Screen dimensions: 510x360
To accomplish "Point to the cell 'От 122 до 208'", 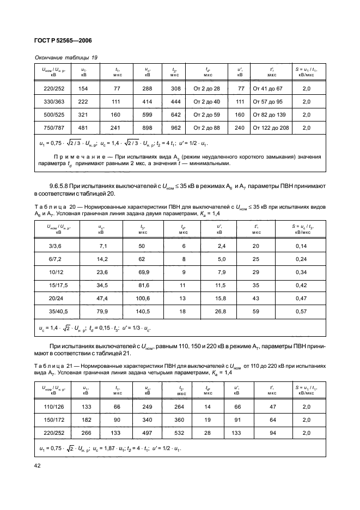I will pyautogui.click(x=272, y=129).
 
